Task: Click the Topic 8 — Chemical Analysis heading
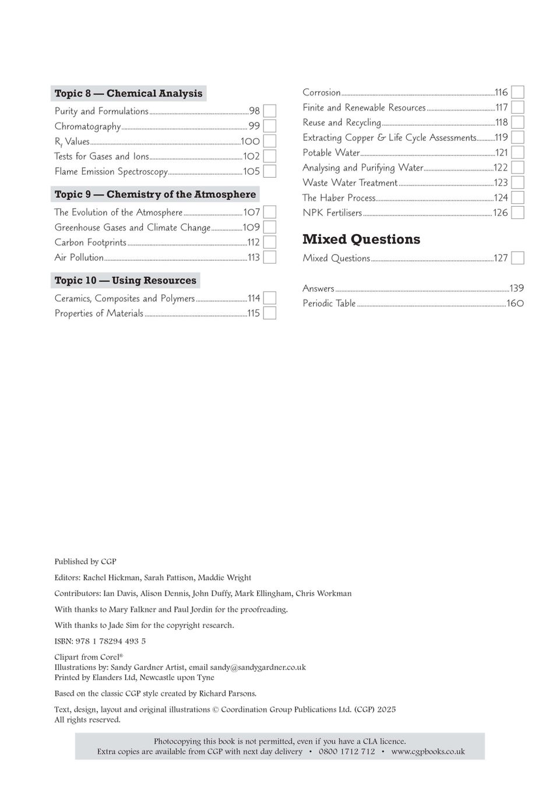128,93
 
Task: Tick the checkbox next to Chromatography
269,126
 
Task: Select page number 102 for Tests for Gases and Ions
251,156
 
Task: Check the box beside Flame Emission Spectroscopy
269,171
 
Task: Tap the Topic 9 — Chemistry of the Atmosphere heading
155,195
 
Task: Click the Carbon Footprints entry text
90,242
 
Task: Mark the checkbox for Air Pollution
269,257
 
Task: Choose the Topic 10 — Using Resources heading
125,280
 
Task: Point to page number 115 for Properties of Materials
253,313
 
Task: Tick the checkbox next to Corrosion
517,93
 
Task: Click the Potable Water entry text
331,153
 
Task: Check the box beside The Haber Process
517,198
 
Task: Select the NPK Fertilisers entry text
332,213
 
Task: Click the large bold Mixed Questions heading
361,239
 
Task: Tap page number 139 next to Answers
516,288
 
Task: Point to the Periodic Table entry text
329,303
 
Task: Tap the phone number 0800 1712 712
347,752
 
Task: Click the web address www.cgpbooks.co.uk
428,752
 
